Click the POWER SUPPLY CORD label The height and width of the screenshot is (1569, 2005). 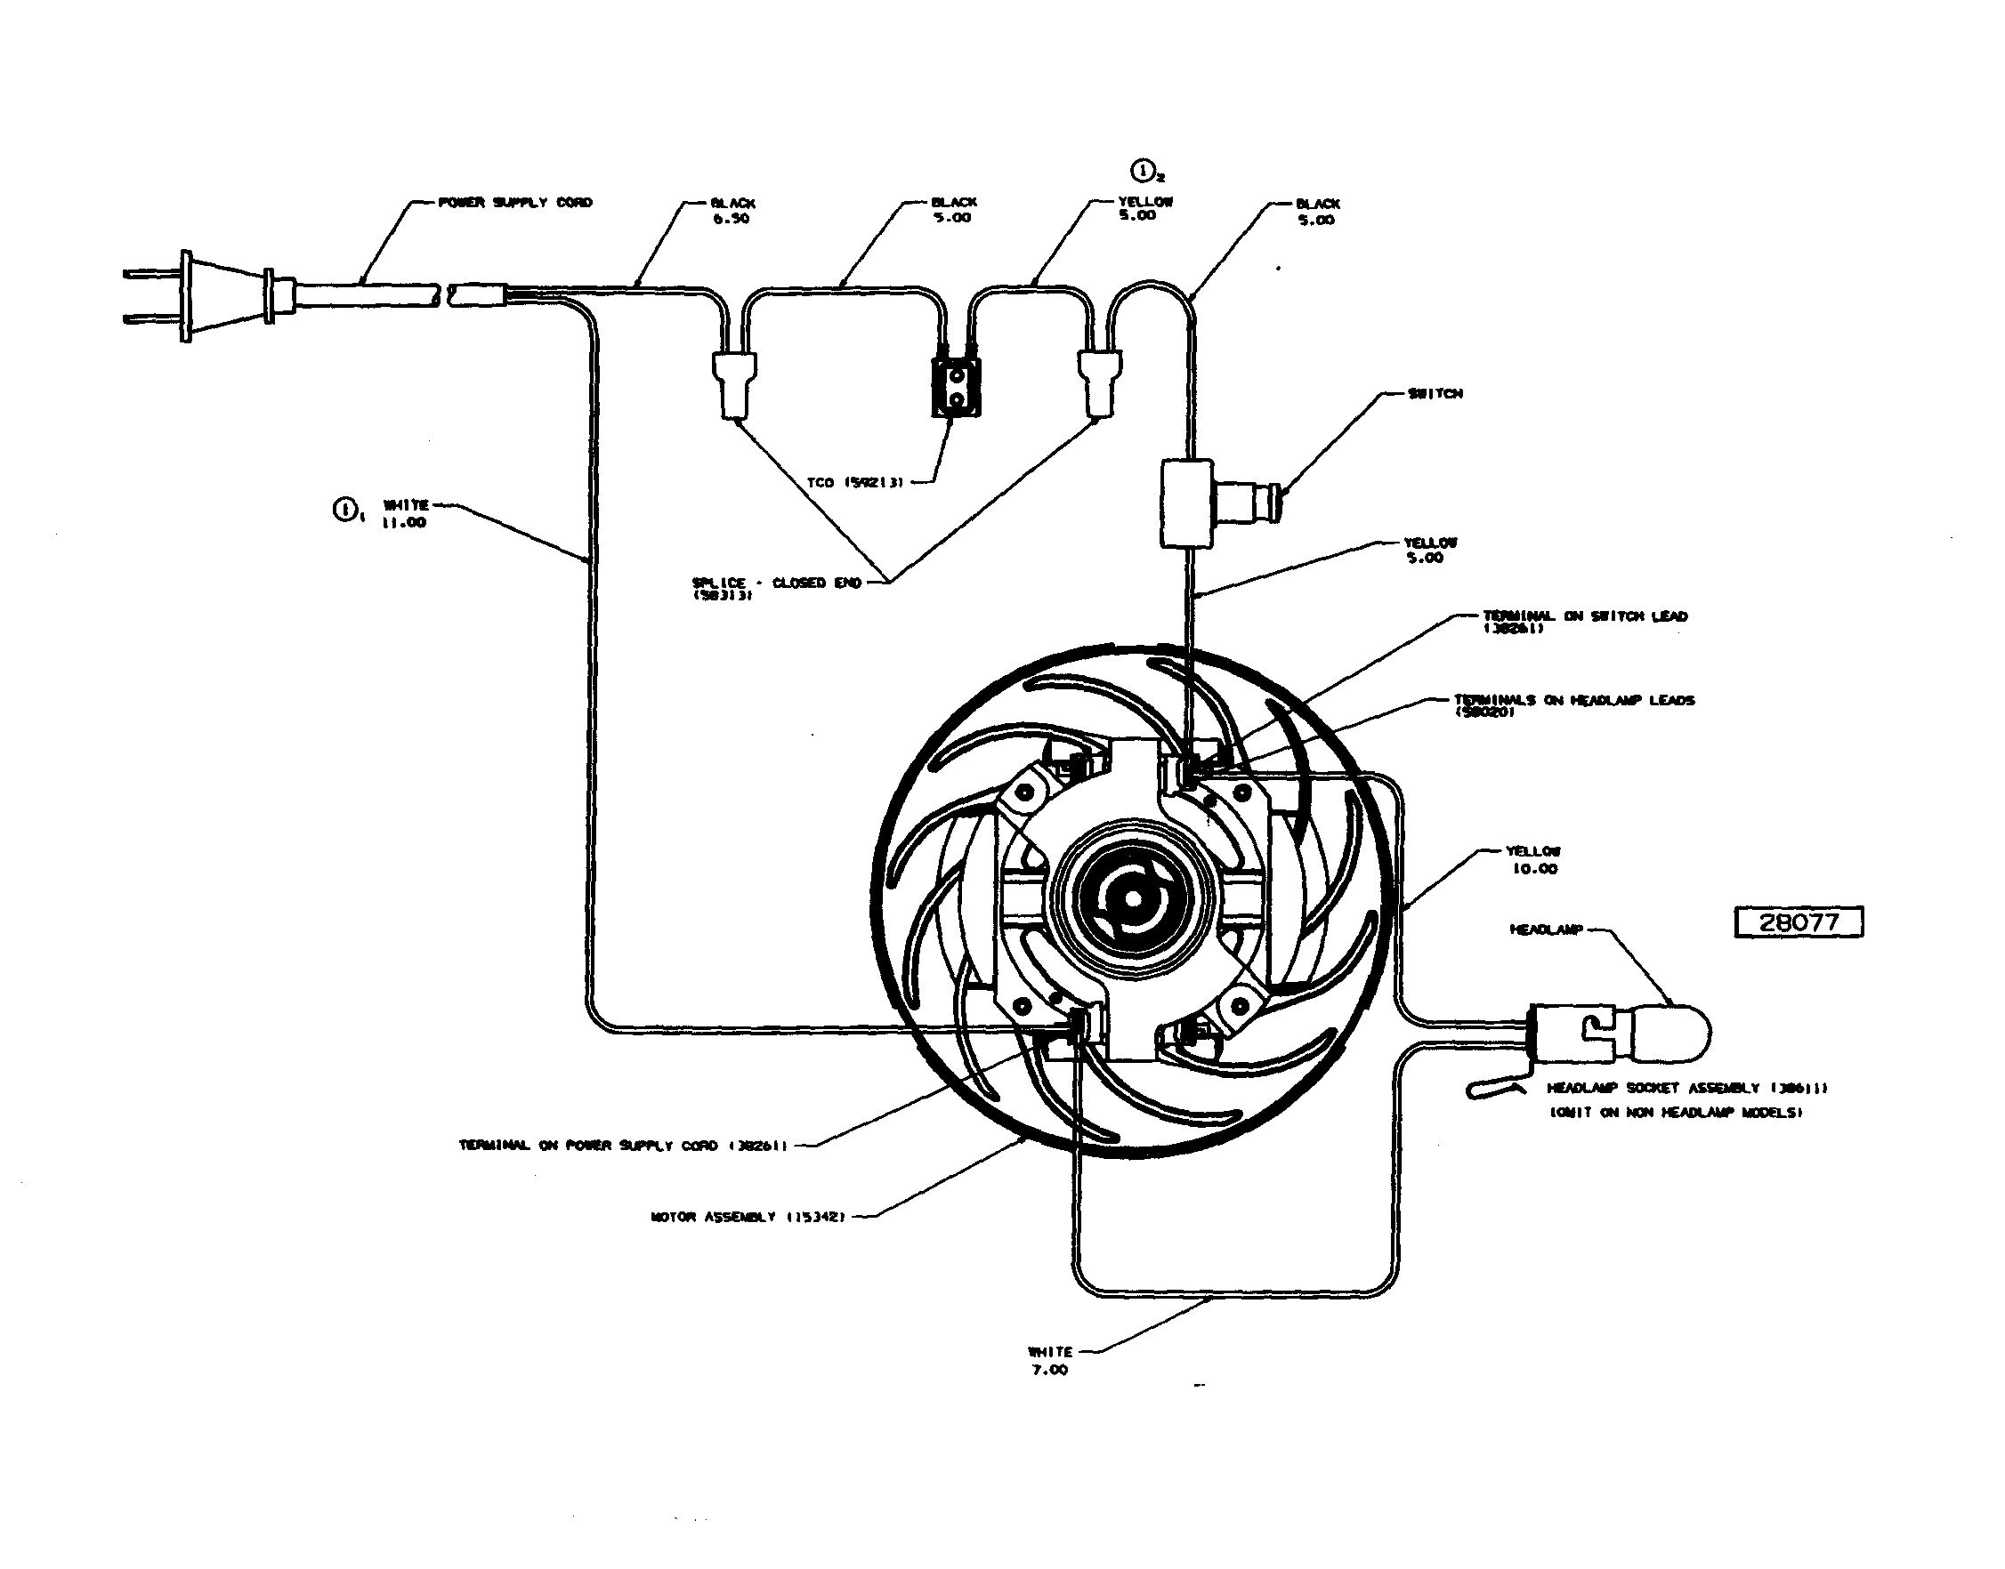515,202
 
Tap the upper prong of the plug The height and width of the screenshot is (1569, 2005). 151,273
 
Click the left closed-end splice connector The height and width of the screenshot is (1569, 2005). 733,385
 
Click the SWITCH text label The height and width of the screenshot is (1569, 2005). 1435,393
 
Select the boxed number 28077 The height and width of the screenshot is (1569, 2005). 1799,922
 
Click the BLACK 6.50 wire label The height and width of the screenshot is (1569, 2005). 732,211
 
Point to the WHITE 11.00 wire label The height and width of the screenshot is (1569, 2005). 405,513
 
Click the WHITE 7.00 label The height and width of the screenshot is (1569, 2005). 1049,1361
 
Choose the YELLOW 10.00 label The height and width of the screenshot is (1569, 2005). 1532,860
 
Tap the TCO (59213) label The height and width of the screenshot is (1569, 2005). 854,482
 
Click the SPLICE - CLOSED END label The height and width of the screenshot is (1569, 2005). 776,584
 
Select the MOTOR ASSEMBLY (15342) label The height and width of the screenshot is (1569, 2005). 747,1217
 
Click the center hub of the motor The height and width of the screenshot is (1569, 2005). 1131,898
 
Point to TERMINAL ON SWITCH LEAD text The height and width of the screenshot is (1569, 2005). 1585,616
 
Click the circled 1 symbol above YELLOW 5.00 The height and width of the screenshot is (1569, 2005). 1142,171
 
